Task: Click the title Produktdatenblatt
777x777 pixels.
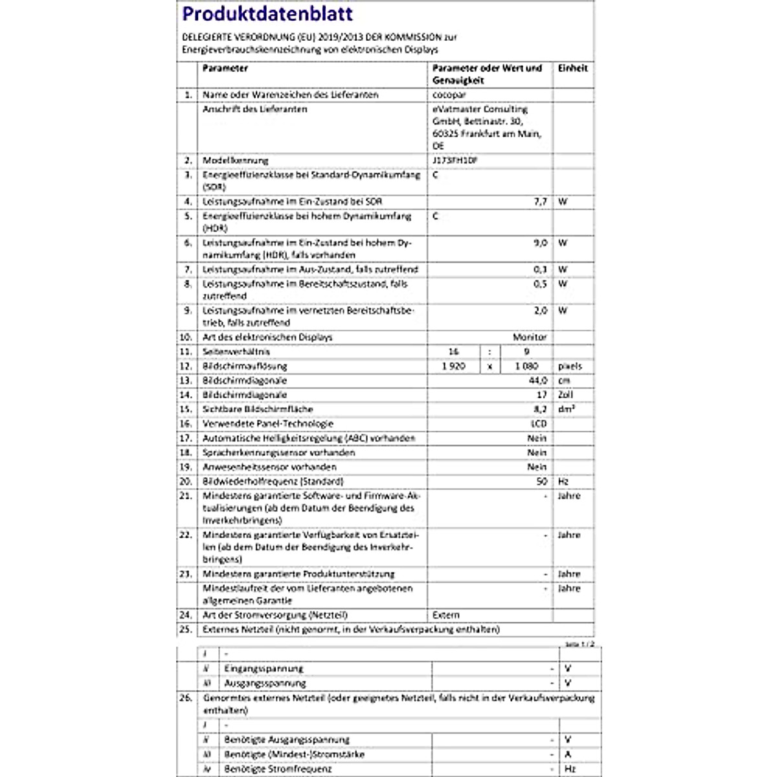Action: coord(267,14)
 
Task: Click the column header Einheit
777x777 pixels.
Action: coord(572,68)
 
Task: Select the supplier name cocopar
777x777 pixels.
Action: coord(449,95)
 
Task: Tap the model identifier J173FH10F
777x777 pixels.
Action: coord(455,160)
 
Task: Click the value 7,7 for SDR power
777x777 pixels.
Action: coord(540,201)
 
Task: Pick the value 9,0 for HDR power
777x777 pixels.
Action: coord(540,243)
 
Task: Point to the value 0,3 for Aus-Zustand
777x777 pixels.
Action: coord(540,269)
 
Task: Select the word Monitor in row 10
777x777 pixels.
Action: coord(530,337)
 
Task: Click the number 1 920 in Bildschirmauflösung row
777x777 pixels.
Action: coord(453,366)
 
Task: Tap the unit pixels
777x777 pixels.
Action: coord(570,366)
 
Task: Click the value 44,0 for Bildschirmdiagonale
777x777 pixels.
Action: coord(537,381)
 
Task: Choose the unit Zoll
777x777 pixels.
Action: coord(565,395)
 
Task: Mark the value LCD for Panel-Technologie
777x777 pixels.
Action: coord(538,423)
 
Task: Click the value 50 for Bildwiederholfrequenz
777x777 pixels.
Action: coord(541,482)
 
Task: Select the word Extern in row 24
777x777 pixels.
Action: coord(446,615)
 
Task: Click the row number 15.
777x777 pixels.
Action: coord(186,409)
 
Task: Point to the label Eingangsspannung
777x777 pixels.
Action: coord(264,668)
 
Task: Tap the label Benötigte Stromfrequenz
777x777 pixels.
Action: coord(278,769)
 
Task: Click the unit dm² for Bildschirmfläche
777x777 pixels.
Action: coord(567,409)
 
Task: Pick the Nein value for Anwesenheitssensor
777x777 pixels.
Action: coord(537,467)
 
